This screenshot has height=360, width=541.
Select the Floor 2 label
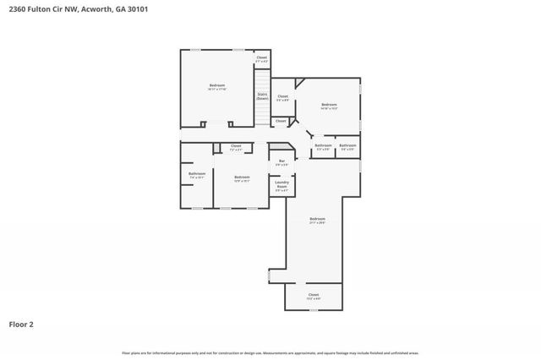tap(21, 324)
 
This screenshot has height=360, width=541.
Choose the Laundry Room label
tap(282, 187)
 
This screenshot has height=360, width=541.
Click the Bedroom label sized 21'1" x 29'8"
tap(317, 221)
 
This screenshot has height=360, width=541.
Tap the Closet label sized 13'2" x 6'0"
tap(313, 296)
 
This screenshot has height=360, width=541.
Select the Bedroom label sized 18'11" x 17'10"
tap(217, 86)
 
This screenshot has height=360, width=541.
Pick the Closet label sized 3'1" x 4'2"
tap(262, 59)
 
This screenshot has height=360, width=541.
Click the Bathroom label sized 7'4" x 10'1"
tap(196, 175)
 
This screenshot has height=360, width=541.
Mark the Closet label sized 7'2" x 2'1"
tap(236, 147)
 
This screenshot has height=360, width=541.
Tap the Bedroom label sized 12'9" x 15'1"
tap(242, 178)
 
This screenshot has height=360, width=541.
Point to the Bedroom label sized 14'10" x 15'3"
tap(329, 106)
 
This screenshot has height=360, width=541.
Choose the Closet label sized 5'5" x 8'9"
tap(283, 98)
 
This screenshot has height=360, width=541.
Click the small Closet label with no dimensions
tap(281, 122)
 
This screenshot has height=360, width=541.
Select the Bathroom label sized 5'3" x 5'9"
tap(323, 147)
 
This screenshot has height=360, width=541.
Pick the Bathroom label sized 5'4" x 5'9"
tap(347, 147)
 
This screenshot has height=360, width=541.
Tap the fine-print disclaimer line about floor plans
tap(270, 352)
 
